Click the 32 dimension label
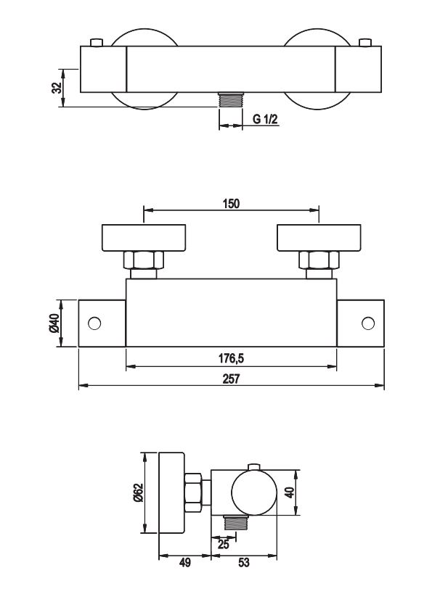tap(57, 88)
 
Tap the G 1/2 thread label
tap(265, 120)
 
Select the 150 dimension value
tap(231, 204)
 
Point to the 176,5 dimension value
tap(231, 358)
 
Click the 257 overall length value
tap(231, 379)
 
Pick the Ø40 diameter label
tap(54, 323)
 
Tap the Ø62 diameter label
tap(138, 492)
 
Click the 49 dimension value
tap(184, 563)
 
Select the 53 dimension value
tap(244, 563)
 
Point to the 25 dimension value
tap(224, 545)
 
